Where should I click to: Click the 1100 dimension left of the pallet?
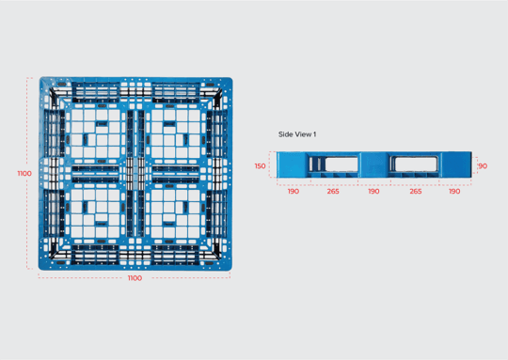point(24,174)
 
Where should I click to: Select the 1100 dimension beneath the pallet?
point(135,278)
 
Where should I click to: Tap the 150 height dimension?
point(260,166)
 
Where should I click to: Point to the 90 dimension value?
point(483,166)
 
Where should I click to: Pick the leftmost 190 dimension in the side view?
point(294,192)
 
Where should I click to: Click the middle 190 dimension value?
point(373,192)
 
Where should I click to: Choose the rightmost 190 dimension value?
point(454,192)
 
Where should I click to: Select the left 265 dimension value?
point(333,192)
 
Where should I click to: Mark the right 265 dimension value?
point(416,192)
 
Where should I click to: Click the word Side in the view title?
point(285,134)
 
